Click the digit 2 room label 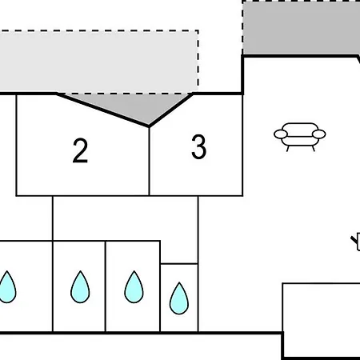click(80, 150)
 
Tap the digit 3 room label click(199, 147)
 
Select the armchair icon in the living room click(300, 137)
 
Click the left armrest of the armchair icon click(281, 134)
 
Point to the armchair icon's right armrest click(319, 134)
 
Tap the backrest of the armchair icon click(300, 127)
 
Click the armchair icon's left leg click(288, 149)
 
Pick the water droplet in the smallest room click(179, 298)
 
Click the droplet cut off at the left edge click(7, 287)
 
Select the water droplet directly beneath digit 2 click(80, 287)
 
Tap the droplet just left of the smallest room click(134, 287)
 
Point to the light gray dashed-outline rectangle click(99, 62)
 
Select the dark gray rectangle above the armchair click(302, 28)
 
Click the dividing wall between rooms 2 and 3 click(150, 161)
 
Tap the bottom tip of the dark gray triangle click(149, 126)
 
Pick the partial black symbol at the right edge click(355, 242)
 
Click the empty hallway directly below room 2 click(126, 218)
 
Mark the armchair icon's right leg click(313, 149)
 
